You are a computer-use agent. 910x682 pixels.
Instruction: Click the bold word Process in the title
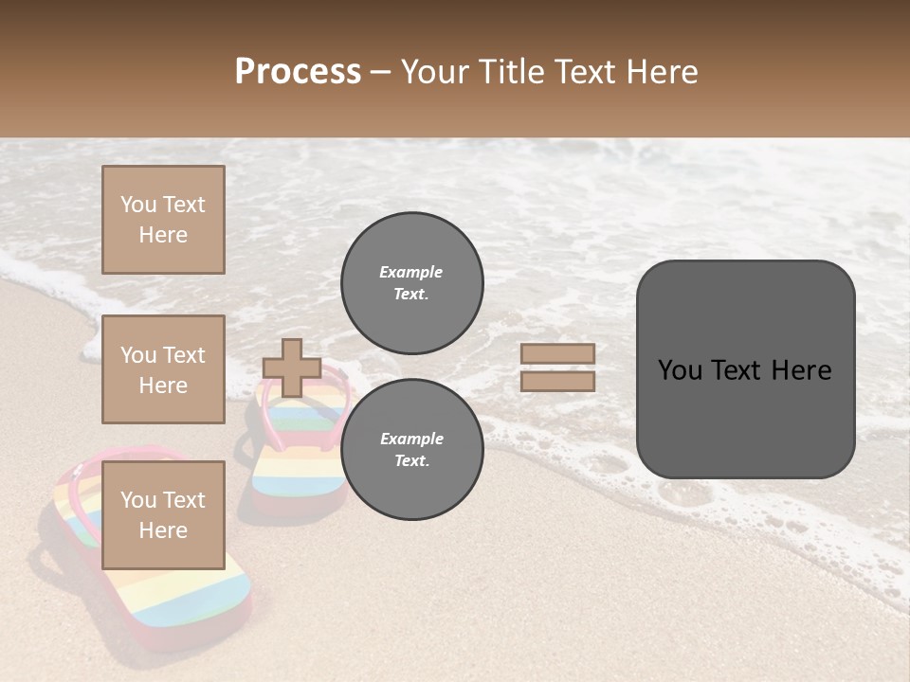[298, 72]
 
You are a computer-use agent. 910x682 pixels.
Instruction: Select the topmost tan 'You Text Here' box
[163, 220]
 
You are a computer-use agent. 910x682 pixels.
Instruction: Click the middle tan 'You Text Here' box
[163, 369]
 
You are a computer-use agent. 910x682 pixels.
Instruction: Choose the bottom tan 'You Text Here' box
[163, 514]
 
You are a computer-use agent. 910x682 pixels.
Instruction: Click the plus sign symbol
[291, 368]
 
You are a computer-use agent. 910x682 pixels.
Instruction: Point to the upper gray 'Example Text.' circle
[411, 282]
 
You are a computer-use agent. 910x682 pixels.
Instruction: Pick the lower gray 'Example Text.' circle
[411, 449]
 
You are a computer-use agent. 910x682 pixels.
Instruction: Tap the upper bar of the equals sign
[557, 353]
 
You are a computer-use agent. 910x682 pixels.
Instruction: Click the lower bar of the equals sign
[557, 381]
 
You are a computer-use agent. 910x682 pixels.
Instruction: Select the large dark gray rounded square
[745, 369]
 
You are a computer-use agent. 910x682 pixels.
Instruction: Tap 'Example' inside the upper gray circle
[411, 272]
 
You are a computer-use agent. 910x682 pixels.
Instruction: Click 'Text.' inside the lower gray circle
[411, 460]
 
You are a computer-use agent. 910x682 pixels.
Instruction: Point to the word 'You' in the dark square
[680, 370]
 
